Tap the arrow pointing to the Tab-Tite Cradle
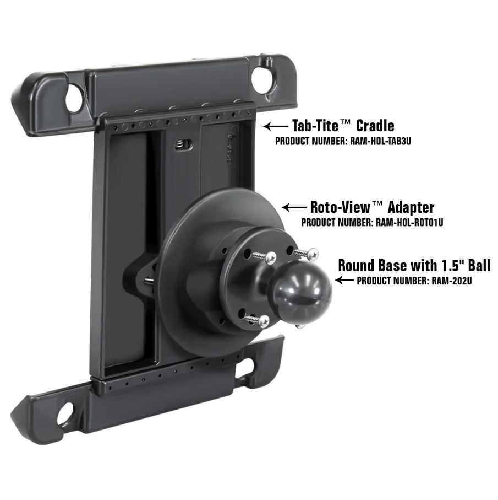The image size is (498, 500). (276, 126)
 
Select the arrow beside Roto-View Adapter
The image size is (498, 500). (294, 208)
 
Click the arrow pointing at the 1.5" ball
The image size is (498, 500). (344, 280)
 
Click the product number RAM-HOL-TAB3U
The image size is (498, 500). (381, 141)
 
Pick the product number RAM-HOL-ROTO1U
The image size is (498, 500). (409, 222)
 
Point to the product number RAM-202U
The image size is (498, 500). (452, 281)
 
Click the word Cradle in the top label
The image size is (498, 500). (375, 125)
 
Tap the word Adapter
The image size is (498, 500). (411, 208)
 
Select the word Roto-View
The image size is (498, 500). (340, 207)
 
